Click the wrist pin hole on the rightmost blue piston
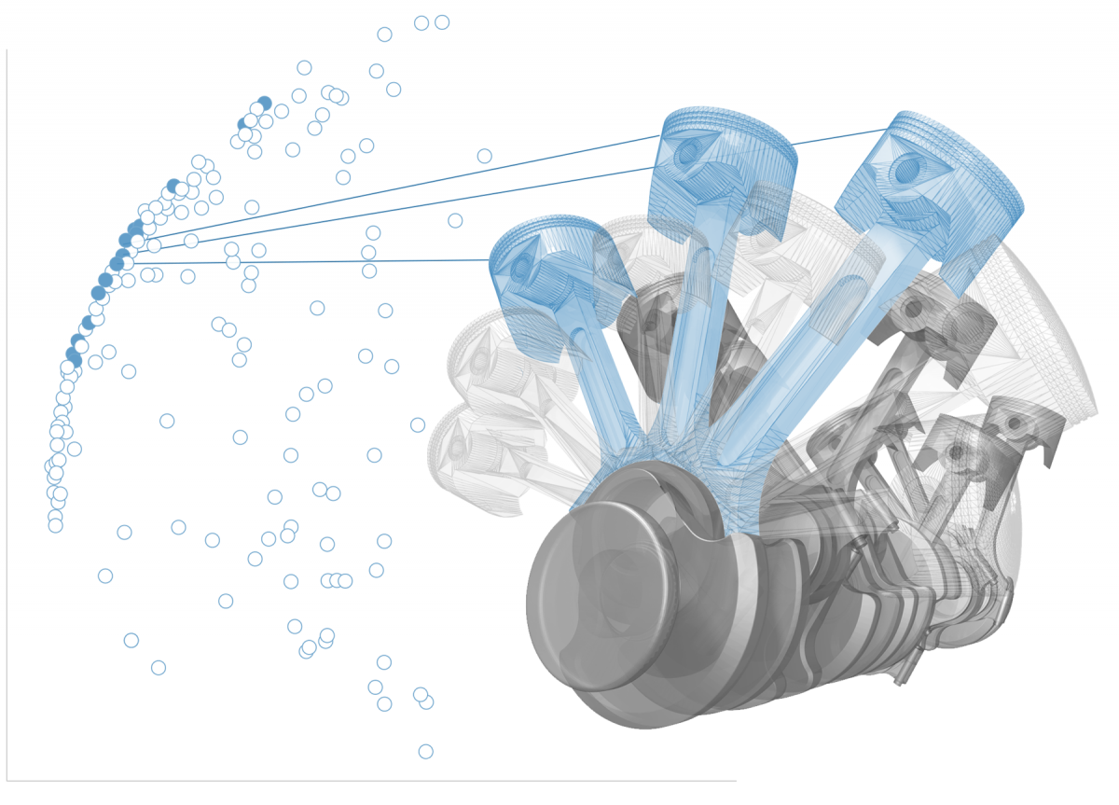906,170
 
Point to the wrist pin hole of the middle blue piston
688,153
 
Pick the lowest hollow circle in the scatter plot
425,751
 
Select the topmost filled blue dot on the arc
264,104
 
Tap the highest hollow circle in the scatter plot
442,22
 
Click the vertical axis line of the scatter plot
7,420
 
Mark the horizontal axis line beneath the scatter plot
373,781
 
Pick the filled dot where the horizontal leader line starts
117,264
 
